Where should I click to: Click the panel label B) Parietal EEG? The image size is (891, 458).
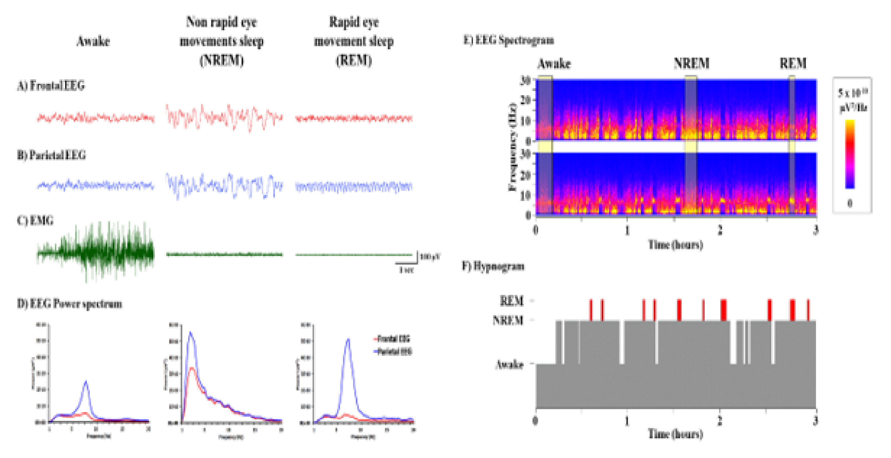51,155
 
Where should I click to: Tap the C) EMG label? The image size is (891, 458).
35,220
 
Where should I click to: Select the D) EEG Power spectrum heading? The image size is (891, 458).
69,304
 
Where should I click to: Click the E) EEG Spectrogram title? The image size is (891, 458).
508,40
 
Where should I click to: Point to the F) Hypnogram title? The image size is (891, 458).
493,266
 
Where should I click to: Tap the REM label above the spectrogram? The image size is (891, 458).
793,64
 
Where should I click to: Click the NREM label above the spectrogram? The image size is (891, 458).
691,64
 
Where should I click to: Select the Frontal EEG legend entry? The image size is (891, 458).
393,339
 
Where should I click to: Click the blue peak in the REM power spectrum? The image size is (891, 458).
348,341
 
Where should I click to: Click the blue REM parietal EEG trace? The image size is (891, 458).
353,187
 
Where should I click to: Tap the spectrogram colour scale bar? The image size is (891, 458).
850,154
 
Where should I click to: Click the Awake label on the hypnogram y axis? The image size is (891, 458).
509,364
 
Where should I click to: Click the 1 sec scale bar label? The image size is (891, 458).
406,270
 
